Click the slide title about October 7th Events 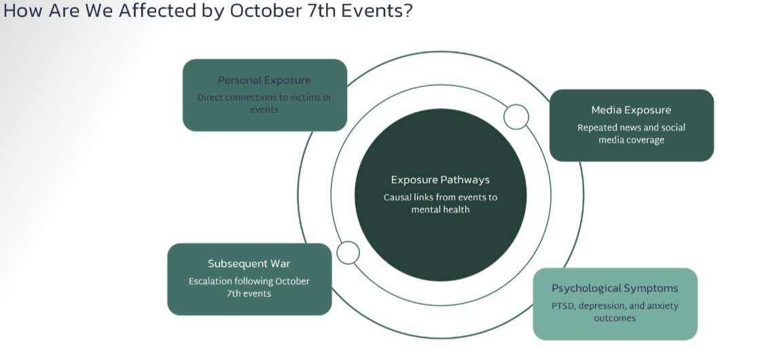pos(207,12)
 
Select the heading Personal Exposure pos(264,80)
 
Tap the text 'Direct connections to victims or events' pos(264,103)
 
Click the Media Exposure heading pos(631,110)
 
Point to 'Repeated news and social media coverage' pos(631,134)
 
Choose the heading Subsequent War pos(249,264)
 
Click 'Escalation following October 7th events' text pos(249,287)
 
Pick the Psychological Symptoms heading pos(615,288)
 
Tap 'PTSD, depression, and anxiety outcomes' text pos(615,312)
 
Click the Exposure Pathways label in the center pos(440,180)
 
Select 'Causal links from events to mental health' pos(440,203)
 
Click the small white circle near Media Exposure pos(516,117)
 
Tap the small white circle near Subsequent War pos(348,253)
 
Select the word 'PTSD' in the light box pos(564,306)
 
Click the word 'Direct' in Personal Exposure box pos(211,97)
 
